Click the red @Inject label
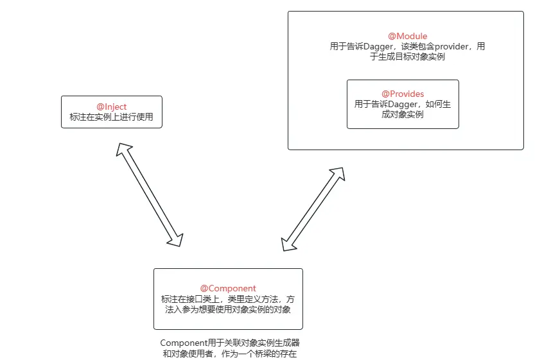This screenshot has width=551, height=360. click(111, 107)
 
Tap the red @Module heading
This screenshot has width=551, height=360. click(407, 36)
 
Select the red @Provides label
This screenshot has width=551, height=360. click(403, 94)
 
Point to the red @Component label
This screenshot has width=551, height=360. click(228, 288)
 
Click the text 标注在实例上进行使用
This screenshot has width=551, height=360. click(111, 117)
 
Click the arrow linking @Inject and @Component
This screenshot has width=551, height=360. click(150, 194)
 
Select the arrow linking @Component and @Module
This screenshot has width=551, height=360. click(313, 209)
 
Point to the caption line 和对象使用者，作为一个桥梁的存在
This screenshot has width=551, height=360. click(229, 354)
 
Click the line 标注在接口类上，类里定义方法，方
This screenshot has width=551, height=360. click(228, 299)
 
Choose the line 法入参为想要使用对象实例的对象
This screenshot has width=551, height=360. click(228, 309)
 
